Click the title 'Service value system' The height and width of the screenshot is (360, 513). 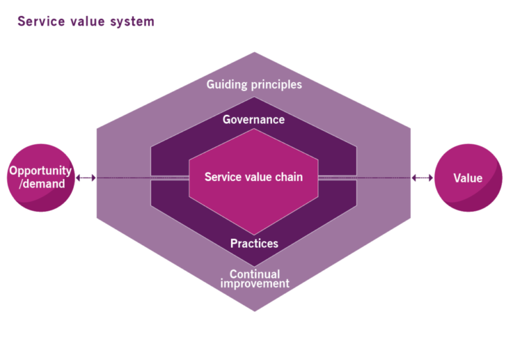coord(86,21)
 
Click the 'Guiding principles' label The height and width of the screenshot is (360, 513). coord(254,84)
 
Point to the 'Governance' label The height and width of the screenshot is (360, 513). coord(254,119)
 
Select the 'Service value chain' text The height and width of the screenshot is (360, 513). coord(253,176)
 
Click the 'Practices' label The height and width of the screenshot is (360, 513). coord(254,244)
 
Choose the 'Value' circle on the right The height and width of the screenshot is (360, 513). coord(468,178)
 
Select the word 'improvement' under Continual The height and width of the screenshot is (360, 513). coord(255,284)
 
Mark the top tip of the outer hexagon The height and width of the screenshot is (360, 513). coord(255,53)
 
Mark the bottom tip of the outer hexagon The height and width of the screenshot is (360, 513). coord(255,311)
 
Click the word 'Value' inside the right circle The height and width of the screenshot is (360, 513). coord(468,178)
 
